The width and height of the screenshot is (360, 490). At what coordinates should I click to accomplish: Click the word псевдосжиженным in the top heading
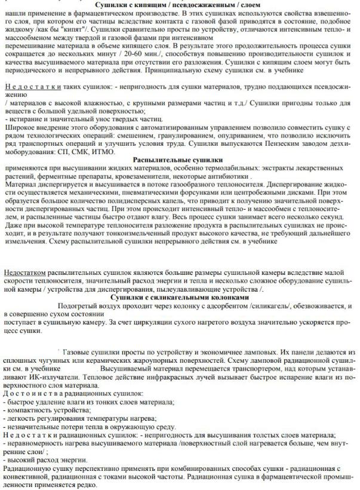[203, 5]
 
